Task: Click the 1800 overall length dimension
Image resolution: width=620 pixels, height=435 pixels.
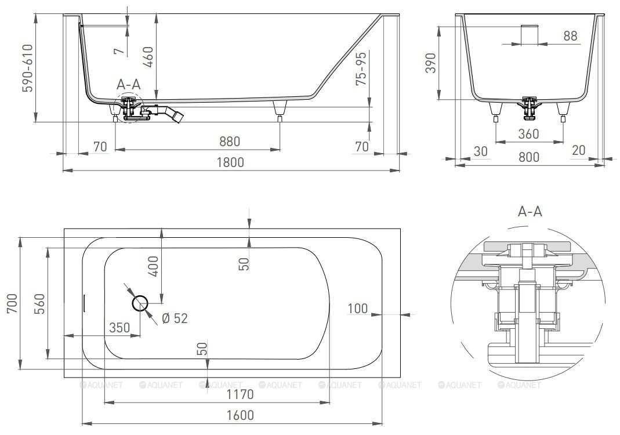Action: click(x=230, y=162)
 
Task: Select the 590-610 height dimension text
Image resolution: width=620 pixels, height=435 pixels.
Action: click(x=28, y=68)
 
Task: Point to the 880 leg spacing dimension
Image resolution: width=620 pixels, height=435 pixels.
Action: click(x=229, y=141)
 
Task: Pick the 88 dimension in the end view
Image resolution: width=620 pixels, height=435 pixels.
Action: click(x=570, y=36)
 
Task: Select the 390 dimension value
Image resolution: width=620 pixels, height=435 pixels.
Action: click(x=430, y=63)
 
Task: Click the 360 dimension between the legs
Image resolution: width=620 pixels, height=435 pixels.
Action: click(x=529, y=134)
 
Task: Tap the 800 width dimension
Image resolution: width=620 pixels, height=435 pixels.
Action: click(x=529, y=157)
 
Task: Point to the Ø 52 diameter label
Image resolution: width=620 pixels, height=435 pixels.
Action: click(x=175, y=318)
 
